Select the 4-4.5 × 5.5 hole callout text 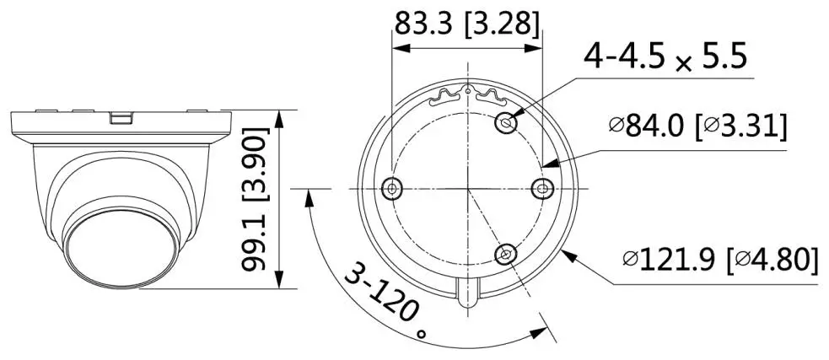coord(665,60)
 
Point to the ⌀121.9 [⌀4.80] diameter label coord(719,259)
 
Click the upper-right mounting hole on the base coord(507,123)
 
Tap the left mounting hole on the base coord(391,188)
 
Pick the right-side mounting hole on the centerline coord(545,188)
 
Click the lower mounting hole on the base coord(507,253)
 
